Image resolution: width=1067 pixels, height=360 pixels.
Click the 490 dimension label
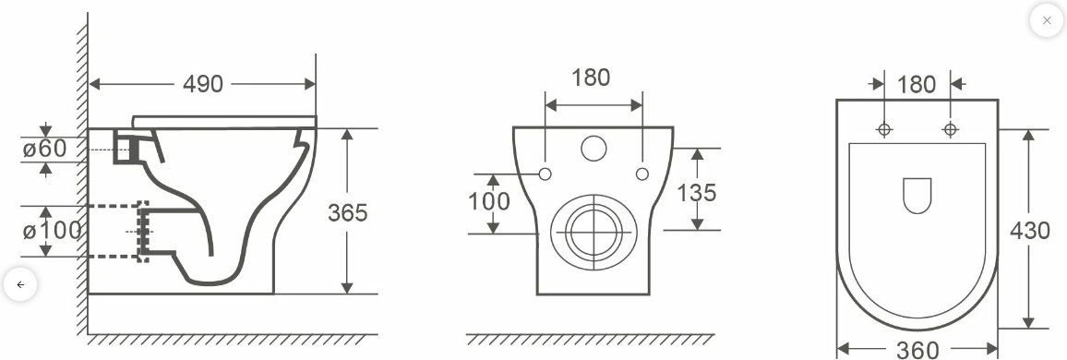click(x=203, y=84)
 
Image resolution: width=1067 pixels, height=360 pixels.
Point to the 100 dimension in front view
click(x=489, y=201)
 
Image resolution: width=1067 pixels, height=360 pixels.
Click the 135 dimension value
click(x=697, y=193)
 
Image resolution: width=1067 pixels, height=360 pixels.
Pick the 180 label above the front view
click(x=591, y=78)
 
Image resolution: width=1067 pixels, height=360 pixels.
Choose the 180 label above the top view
click(x=917, y=84)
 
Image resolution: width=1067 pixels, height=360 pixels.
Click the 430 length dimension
click(x=1031, y=230)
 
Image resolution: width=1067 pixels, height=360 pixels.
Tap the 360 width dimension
click(x=917, y=350)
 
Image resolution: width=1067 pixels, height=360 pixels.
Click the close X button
click(x=1046, y=20)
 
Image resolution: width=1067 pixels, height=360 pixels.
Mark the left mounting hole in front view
click(x=545, y=174)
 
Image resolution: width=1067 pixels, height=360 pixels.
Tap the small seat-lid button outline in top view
click(x=917, y=195)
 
